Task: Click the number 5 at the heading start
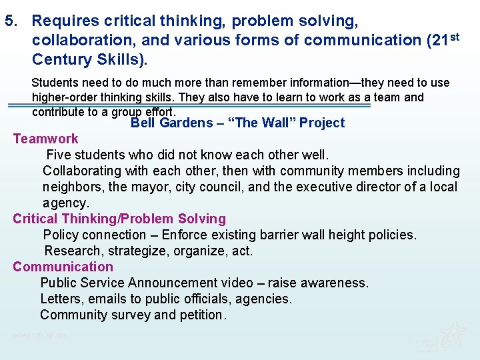9,21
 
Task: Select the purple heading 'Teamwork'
45,139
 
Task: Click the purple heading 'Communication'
63,267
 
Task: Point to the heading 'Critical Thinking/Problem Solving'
119,219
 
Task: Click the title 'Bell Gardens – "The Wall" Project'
237,123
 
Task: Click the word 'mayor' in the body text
128,187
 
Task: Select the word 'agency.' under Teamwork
65,203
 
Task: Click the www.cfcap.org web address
40,335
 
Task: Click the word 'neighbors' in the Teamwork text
73,187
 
